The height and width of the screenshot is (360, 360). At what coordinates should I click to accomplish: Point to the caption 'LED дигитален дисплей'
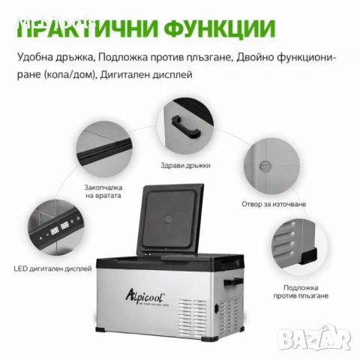(48, 267)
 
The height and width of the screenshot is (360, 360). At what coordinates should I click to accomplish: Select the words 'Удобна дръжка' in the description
(47, 57)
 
